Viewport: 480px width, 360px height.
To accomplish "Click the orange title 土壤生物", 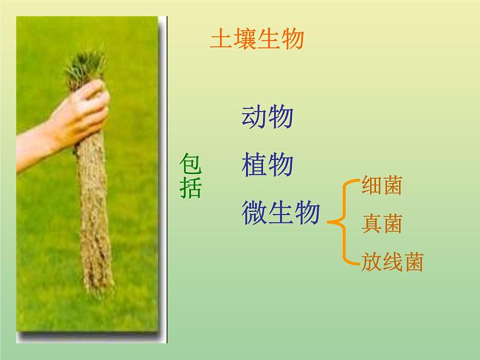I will (x=256, y=39).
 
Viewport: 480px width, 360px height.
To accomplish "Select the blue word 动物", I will (x=267, y=117).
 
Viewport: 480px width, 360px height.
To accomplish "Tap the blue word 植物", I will (x=267, y=165).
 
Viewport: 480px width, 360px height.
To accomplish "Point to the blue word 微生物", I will (x=281, y=213).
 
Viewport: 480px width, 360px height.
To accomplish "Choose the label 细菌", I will (x=381, y=185).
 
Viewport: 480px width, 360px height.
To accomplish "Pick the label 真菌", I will (x=381, y=224).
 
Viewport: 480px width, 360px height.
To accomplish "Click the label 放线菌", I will (x=392, y=262).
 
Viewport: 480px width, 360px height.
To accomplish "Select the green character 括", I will (x=190, y=188).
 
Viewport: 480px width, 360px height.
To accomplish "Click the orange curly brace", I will (x=341, y=223).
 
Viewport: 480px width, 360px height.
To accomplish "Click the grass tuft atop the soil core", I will (x=85, y=67).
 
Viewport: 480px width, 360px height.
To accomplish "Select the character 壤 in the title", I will (x=244, y=39).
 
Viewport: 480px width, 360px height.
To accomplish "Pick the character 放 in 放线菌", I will (x=371, y=262).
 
